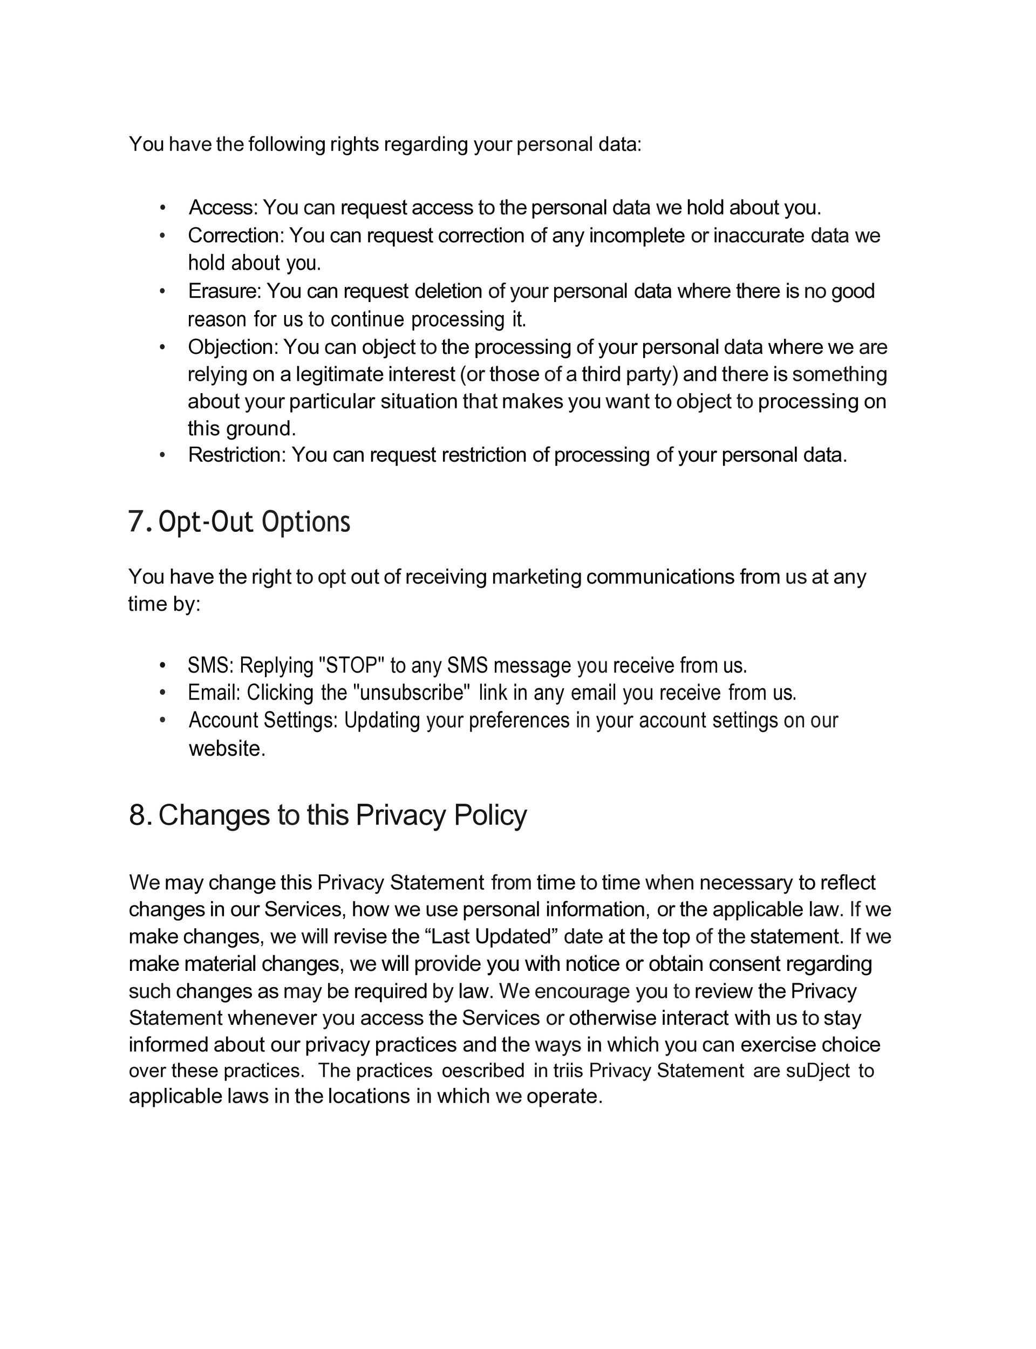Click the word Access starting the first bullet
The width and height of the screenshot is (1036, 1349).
click(x=222, y=208)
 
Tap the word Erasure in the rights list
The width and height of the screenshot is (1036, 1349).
click(x=224, y=291)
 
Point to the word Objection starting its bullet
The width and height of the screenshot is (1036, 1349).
click(x=233, y=347)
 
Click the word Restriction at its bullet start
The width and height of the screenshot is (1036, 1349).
click(x=236, y=455)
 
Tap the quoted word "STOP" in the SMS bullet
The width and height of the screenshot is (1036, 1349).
click(x=351, y=666)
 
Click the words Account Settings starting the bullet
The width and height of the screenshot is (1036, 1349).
click(x=263, y=720)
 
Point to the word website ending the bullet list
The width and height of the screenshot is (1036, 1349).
click(x=226, y=749)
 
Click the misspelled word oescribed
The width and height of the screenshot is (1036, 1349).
click(x=483, y=1071)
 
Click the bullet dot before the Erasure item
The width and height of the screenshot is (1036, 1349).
click(x=162, y=291)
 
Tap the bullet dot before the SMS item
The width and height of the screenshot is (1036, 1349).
click(x=162, y=666)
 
